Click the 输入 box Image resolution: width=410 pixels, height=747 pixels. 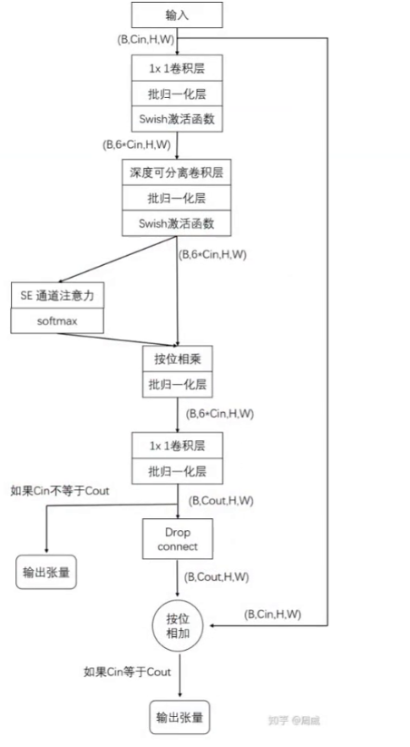(177, 15)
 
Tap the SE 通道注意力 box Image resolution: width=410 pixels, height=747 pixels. (58, 295)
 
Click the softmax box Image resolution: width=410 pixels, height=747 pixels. (58, 320)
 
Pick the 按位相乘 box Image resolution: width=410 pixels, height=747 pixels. (178, 359)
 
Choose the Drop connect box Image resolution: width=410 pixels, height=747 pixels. (177, 539)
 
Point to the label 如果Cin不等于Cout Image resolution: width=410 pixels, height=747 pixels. (60, 490)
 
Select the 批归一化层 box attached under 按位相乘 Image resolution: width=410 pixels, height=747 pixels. (178, 385)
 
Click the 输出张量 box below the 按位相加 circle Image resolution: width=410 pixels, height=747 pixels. (179, 718)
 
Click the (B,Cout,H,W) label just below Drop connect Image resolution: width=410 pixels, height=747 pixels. (218, 576)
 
